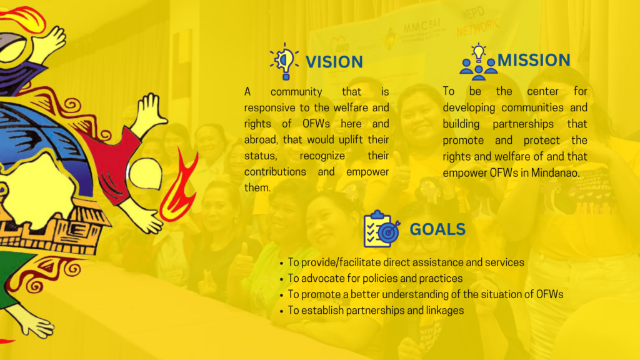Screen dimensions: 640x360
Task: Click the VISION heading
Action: point(334,62)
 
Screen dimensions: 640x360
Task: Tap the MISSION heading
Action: point(534,61)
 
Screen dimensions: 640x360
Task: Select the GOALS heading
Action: point(437,229)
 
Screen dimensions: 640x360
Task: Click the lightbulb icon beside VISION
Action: point(284,62)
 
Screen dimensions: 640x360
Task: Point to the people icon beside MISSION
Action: point(478,62)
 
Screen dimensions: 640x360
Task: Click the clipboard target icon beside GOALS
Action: point(382,229)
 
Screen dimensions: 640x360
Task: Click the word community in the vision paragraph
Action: point(296,92)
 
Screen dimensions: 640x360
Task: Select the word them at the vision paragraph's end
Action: point(257,187)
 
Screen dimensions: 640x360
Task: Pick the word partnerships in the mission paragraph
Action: point(523,124)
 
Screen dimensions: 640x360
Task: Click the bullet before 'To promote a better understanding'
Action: point(282,296)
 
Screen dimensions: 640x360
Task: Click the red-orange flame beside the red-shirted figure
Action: point(178,186)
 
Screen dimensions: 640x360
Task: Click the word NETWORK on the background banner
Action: point(477,28)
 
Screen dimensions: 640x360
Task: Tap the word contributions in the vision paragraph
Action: point(275,172)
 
